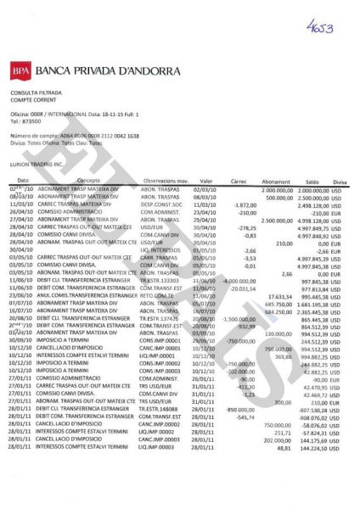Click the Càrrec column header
[x=238, y=181]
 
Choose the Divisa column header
[x=340, y=181]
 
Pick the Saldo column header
[x=311, y=181]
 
